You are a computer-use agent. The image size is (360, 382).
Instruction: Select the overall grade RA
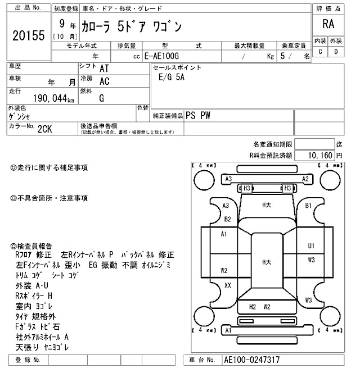tap(327, 25)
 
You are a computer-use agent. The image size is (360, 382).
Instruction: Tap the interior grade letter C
tap(320, 52)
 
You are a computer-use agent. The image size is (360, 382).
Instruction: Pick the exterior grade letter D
tap(336, 52)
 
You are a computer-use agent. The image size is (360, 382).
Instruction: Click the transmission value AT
tap(104, 69)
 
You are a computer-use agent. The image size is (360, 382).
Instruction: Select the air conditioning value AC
tap(104, 81)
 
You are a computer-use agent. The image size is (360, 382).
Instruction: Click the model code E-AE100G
tap(163, 56)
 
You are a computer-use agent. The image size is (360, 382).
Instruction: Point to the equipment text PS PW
tap(197, 115)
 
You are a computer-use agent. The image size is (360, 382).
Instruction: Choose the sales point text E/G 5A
tap(172, 78)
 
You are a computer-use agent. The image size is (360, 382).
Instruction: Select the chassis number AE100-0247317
tap(252, 360)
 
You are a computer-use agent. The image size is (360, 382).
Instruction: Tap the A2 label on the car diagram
tap(305, 179)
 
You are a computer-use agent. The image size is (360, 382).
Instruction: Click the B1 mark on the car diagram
tap(308, 206)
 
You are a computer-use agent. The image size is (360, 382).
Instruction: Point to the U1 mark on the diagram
tap(311, 245)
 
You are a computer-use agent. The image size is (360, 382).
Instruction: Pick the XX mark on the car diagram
tap(228, 285)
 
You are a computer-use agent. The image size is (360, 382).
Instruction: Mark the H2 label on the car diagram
tap(253, 307)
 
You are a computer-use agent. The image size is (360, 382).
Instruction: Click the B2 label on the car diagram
tap(228, 219)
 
